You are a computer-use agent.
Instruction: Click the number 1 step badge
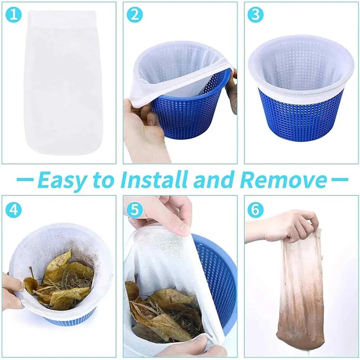(14, 15)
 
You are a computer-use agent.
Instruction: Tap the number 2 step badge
(135, 15)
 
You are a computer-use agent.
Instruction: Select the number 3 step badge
(256, 15)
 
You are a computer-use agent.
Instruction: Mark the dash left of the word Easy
(25, 179)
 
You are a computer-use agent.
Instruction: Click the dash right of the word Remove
(338, 179)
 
